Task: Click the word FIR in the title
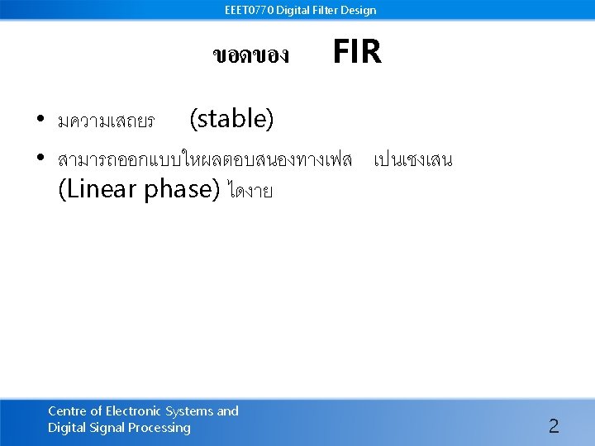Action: [x=356, y=53]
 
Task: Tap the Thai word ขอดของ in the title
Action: [x=250, y=56]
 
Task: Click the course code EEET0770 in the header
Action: [x=249, y=11]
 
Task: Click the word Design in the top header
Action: [x=359, y=11]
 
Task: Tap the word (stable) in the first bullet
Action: [x=231, y=120]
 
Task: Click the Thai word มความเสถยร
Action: [x=106, y=122]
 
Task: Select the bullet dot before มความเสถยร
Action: [x=40, y=121]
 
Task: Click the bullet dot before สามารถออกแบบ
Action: [x=40, y=158]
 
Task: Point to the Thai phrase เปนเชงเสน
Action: [x=412, y=159]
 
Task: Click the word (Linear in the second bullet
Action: [x=98, y=190]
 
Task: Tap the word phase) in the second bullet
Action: [x=181, y=190]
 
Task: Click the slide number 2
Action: [x=554, y=426]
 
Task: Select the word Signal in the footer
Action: [x=107, y=428]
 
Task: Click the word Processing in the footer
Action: [x=160, y=428]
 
